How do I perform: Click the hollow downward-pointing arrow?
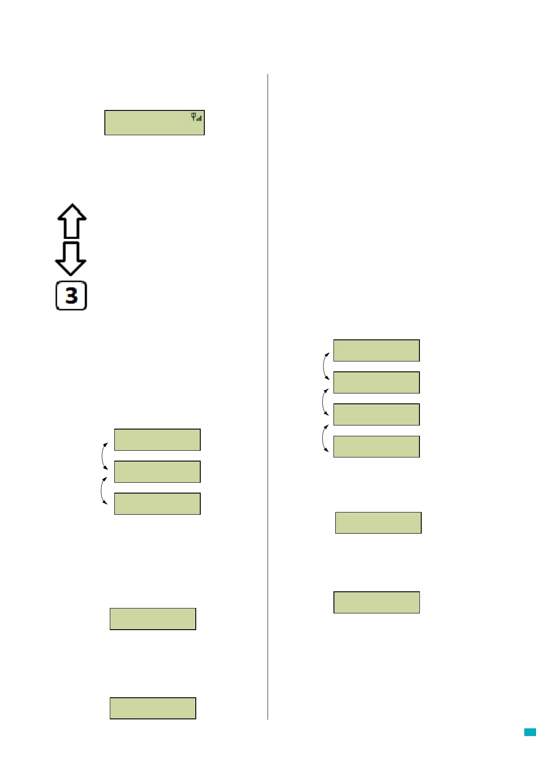pos(71,258)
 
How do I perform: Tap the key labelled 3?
pos(71,296)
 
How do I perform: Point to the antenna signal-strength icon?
pos(197,117)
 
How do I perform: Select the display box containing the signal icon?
pos(154,123)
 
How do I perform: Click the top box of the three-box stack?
pos(157,440)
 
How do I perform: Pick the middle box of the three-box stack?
pos(157,472)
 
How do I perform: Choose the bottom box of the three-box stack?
pos(157,504)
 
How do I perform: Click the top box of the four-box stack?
pos(376,351)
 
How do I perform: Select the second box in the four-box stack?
pos(376,383)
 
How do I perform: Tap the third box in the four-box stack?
pos(376,415)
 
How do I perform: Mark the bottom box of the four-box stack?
pos(376,447)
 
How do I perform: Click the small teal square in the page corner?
pos(530,732)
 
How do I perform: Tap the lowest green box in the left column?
pos(153,708)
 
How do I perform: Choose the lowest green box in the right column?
pos(376,603)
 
